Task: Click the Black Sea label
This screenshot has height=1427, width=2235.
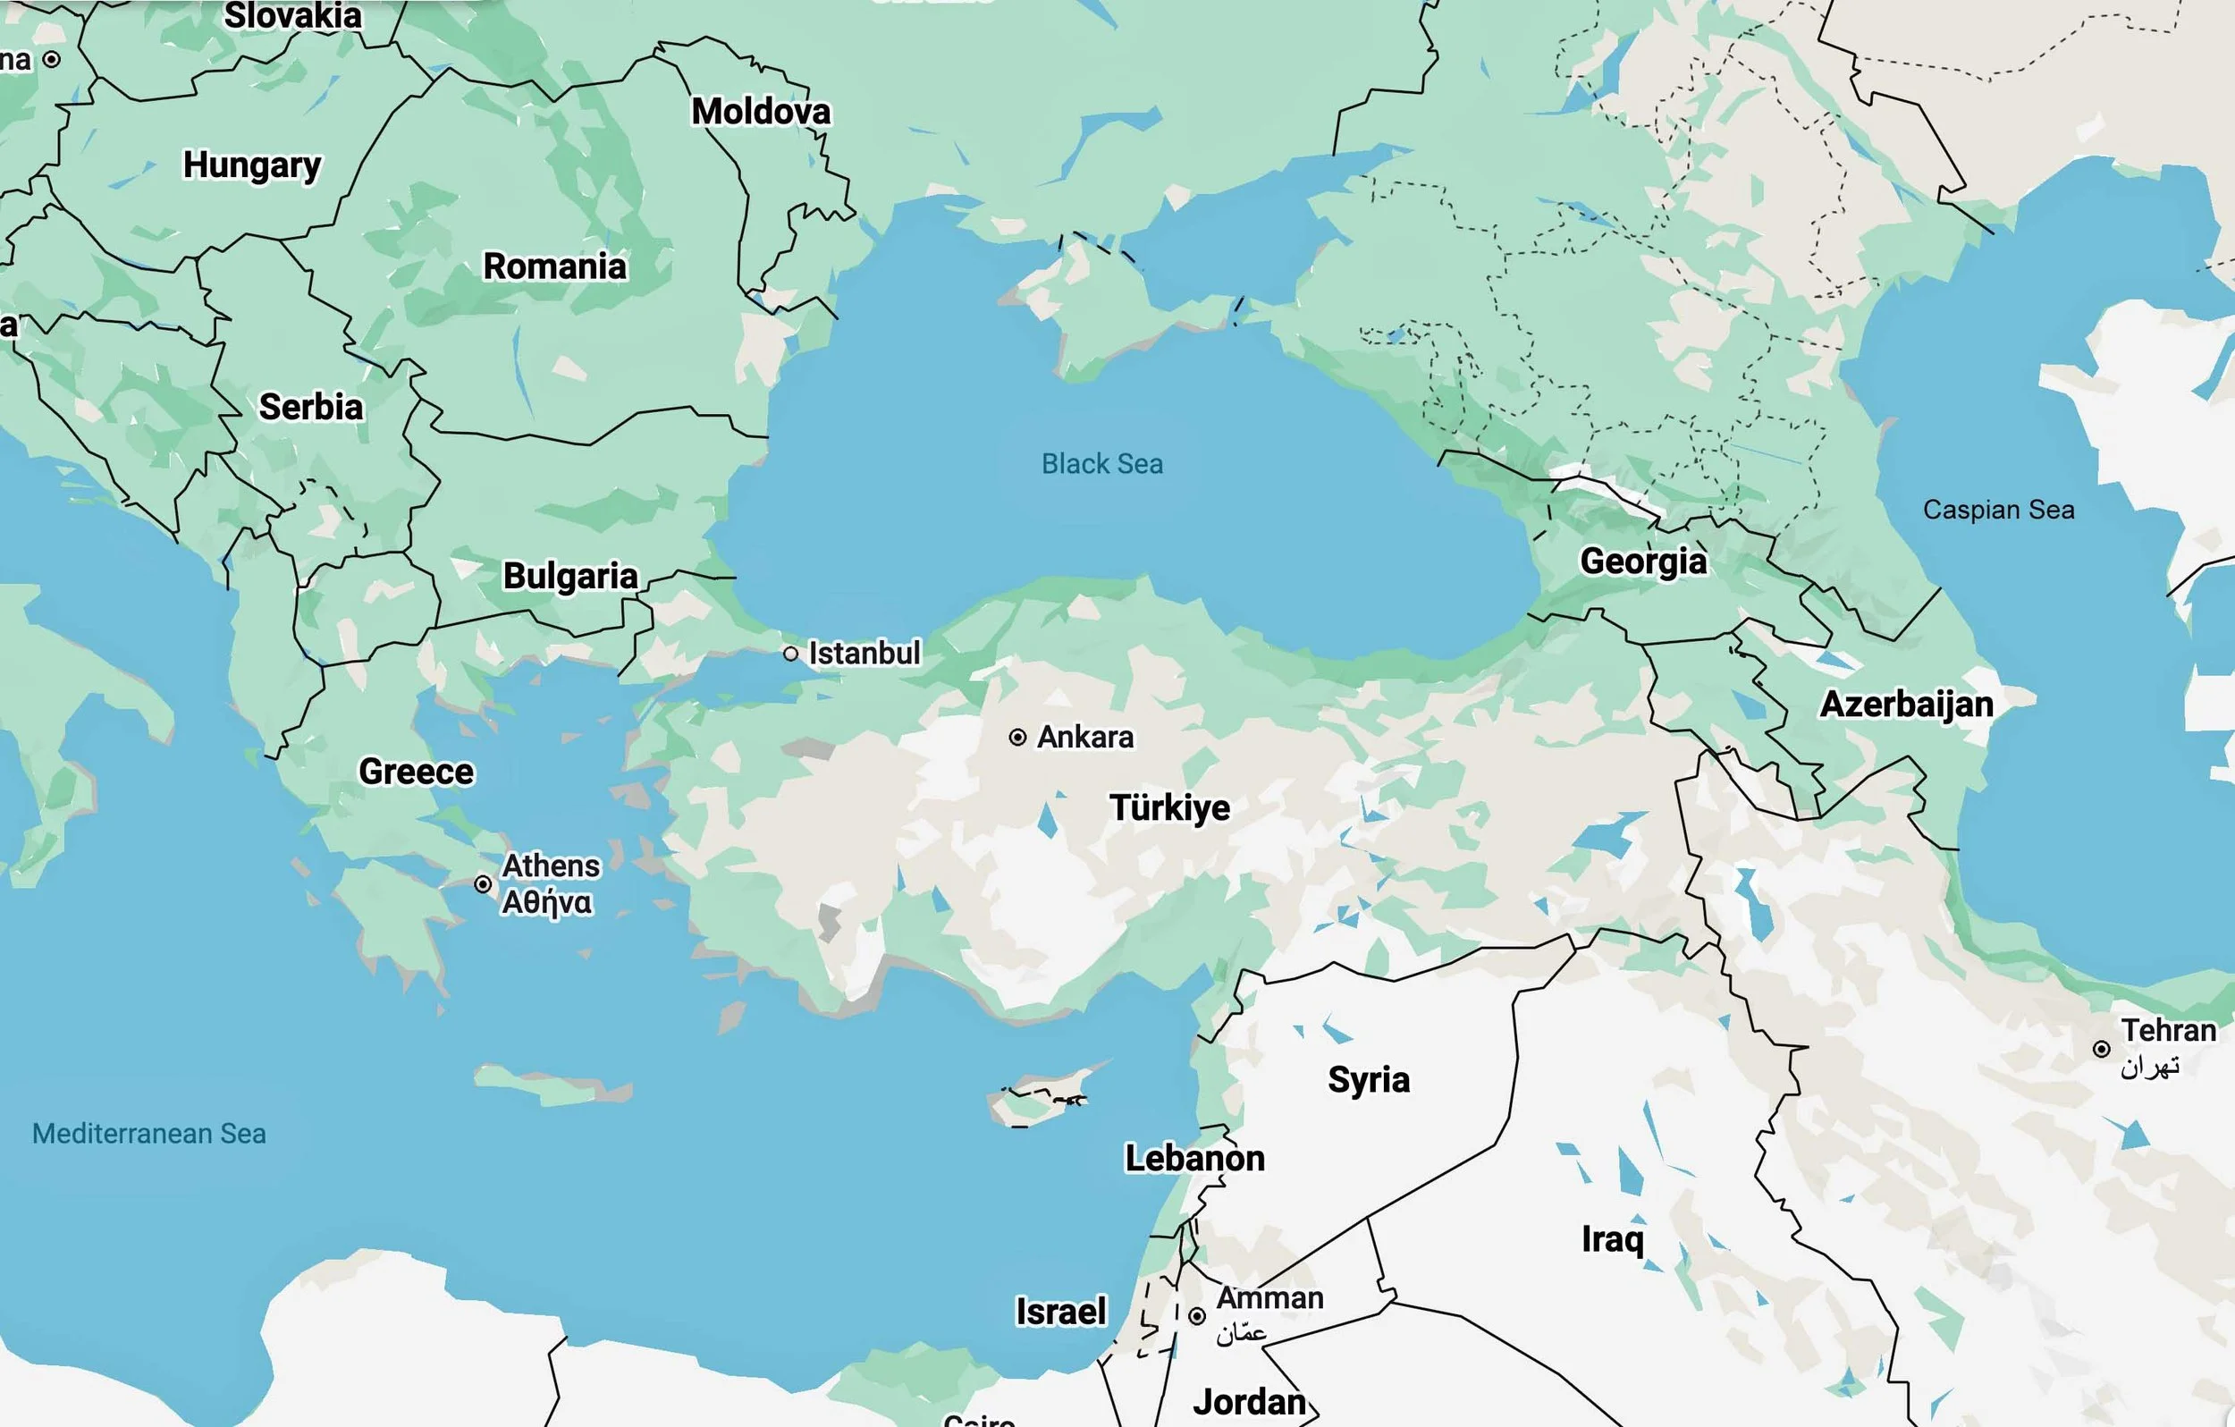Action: point(1101,463)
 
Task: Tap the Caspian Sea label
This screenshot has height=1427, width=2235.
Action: point(1998,510)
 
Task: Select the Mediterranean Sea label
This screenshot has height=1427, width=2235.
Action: point(148,1134)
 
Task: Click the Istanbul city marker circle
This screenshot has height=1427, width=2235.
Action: point(791,654)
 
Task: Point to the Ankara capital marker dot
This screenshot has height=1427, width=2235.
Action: point(1017,737)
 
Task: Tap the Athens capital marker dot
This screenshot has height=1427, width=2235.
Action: point(483,884)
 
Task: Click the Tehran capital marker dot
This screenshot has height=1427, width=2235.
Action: point(2101,1049)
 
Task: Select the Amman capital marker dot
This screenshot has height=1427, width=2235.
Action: point(1197,1315)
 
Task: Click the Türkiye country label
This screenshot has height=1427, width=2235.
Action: point(1169,807)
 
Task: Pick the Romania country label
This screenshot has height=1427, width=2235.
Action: point(555,266)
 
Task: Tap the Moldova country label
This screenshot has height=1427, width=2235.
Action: point(761,112)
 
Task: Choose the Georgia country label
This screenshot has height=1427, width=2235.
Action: point(1643,561)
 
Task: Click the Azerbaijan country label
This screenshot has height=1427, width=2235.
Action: point(1906,704)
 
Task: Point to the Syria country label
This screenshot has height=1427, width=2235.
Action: point(1368,1080)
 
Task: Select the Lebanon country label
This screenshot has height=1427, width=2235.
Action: point(1194,1158)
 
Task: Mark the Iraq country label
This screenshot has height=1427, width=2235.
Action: point(1612,1238)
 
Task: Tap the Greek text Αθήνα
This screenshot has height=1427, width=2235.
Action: point(547,902)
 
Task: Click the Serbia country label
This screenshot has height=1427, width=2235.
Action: point(311,407)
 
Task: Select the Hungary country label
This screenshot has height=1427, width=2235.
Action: point(251,165)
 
